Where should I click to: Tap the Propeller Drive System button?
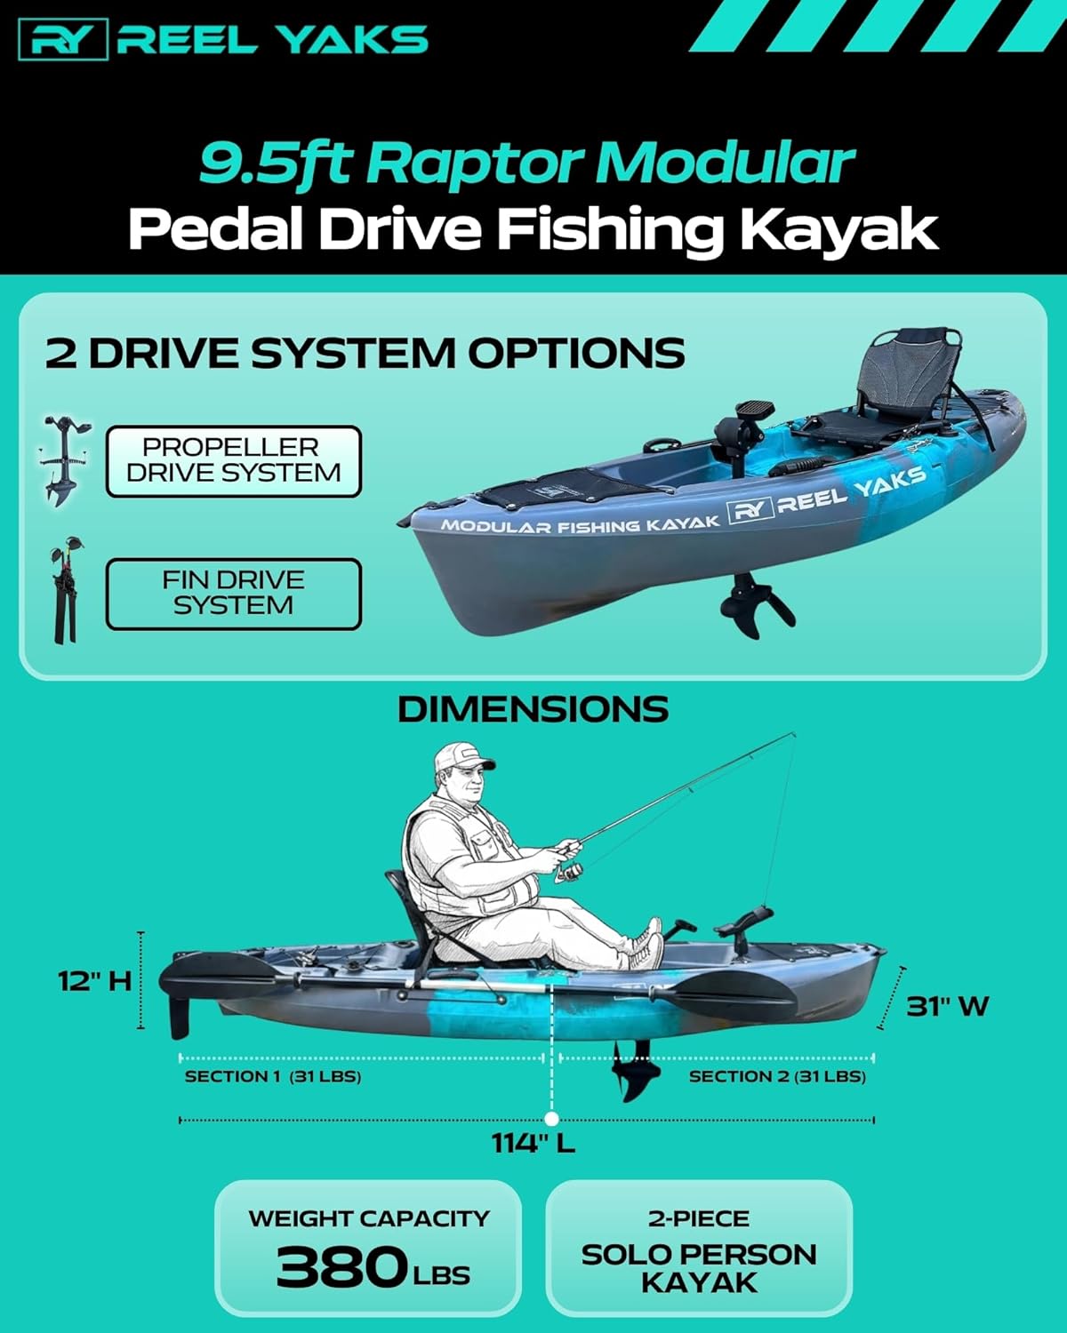(233, 461)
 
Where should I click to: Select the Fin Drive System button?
(233, 594)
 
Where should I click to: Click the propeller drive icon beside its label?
(64, 459)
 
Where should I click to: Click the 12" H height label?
(94, 981)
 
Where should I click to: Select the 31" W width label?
(947, 1007)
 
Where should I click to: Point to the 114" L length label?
(533, 1143)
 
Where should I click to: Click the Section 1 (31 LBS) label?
(272, 1077)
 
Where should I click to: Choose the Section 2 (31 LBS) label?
(777, 1077)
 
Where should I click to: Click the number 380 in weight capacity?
(341, 1267)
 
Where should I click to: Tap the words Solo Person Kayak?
(699, 1268)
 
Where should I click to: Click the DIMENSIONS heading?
(533, 709)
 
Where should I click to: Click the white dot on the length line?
(551, 1119)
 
